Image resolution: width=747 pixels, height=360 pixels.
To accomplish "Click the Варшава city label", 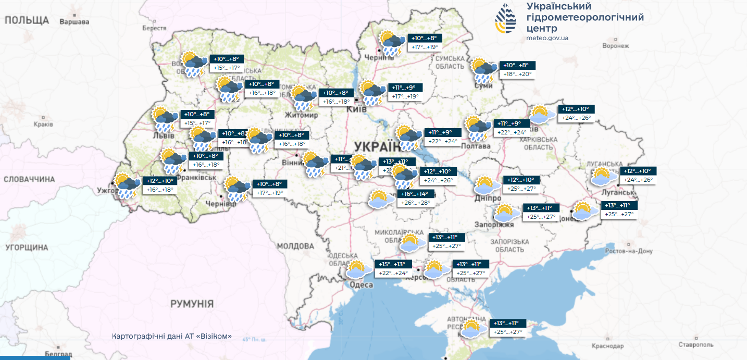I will [74, 22].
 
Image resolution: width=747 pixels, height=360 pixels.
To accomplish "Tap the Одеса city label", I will [361, 285].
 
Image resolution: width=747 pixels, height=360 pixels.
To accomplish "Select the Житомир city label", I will [301, 115].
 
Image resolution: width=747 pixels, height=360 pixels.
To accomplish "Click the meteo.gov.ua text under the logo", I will [547, 38].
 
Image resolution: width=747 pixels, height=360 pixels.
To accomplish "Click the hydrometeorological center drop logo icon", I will [506, 18].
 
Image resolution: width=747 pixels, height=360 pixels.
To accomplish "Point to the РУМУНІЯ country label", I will [192, 304].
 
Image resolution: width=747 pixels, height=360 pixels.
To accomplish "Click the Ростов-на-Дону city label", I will [629, 251].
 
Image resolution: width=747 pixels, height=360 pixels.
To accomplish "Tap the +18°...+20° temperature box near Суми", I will [518, 75].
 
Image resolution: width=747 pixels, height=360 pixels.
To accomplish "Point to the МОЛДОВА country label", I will [295, 245].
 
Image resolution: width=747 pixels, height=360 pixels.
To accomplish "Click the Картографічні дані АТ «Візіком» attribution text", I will [172, 336].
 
